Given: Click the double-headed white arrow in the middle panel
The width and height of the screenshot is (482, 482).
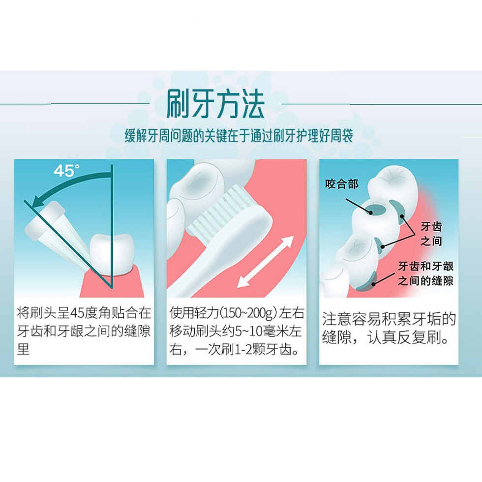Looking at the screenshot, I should click(x=265, y=262).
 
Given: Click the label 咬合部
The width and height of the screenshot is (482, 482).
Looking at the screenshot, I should click(x=342, y=184).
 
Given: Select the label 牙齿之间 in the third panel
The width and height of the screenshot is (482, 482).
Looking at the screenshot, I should click(x=431, y=234).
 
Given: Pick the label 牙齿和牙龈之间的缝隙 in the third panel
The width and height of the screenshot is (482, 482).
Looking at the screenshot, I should click(x=425, y=274).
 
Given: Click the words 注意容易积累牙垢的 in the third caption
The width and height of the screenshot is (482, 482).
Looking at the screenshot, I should click(x=389, y=319).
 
